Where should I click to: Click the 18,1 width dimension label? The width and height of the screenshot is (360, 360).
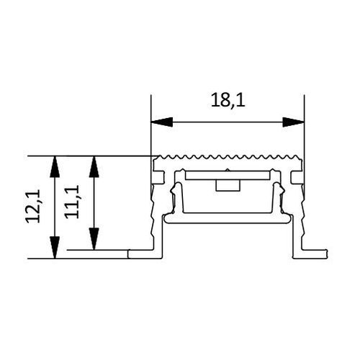228,102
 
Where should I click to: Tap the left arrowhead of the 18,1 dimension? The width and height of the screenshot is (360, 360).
156,120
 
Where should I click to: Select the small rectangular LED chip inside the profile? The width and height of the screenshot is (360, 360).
228,185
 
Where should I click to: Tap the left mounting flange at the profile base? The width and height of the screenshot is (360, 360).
144,253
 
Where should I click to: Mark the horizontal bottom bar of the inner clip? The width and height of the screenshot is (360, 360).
228,215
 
